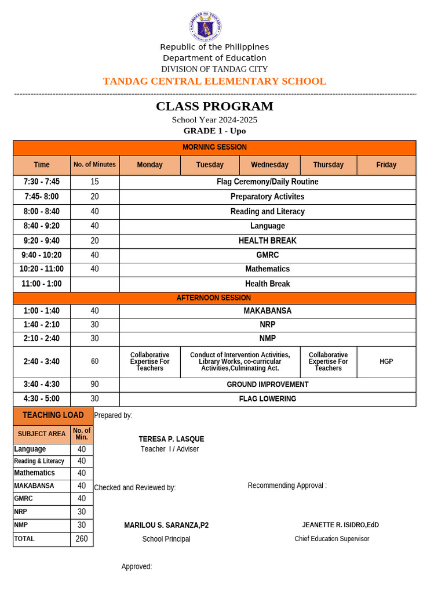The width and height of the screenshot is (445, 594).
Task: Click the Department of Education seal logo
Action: [x=205, y=27]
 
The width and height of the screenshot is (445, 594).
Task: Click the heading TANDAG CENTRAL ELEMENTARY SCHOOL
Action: [x=214, y=81]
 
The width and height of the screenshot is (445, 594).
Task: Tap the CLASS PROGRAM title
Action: [x=214, y=106]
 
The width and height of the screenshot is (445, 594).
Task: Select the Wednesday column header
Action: [x=269, y=165]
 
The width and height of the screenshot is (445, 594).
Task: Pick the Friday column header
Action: [x=386, y=165]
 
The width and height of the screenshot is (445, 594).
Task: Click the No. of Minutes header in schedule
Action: [x=94, y=165]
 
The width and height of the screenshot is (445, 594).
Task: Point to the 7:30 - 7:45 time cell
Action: [x=42, y=182]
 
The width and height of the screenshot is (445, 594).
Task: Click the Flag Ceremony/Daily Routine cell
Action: [x=267, y=182]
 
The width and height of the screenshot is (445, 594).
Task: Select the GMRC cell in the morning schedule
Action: [x=267, y=255]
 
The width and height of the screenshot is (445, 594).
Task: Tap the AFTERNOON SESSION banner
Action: [x=214, y=298]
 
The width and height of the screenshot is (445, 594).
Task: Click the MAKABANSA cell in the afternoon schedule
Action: [x=267, y=311]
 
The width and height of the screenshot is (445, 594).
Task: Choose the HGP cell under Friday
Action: [x=386, y=362]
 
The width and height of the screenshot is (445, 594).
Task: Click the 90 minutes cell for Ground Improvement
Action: [x=94, y=385]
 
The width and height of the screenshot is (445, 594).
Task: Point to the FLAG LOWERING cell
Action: [x=267, y=399]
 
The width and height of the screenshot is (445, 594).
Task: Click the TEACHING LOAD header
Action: [x=53, y=415]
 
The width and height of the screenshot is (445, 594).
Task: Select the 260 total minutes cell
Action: [x=82, y=539]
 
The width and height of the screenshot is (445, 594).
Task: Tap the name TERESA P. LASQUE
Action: [x=171, y=439]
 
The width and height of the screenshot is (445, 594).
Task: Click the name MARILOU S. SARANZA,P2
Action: [x=166, y=526]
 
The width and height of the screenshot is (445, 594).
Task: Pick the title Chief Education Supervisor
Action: [x=331, y=539]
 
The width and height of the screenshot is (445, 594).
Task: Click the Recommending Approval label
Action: [x=287, y=486]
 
